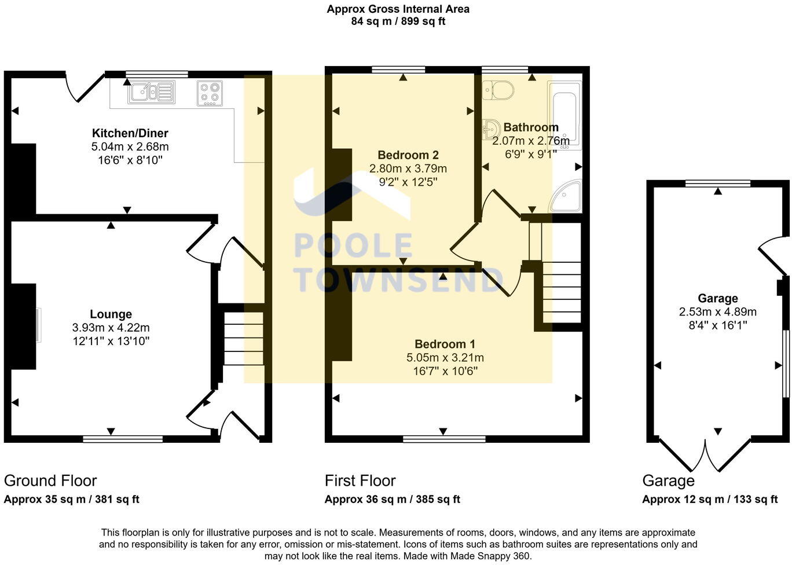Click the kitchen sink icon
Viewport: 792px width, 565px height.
tap(152, 92)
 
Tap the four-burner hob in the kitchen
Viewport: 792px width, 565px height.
tap(210, 93)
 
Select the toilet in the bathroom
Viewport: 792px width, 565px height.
tap(498, 90)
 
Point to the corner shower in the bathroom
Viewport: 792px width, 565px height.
tap(566, 197)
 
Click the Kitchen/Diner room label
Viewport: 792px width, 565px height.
tap(130, 134)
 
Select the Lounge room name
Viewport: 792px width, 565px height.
tap(111, 314)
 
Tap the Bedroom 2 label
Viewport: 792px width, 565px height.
tap(408, 155)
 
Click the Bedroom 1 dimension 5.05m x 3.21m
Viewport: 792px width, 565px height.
tap(445, 358)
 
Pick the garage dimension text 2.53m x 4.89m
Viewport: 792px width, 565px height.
tap(717, 312)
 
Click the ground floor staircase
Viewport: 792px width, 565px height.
tap(243, 339)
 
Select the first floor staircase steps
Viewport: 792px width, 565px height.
tap(561, 292)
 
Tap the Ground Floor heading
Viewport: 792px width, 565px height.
tap(50, 480)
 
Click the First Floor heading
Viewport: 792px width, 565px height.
tap(360, 480)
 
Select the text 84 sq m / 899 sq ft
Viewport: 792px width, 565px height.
tap(398, 21)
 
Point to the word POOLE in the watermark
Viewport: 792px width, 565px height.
tap(353, 246)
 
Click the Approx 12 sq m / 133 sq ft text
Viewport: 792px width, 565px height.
tap(709, 500)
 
